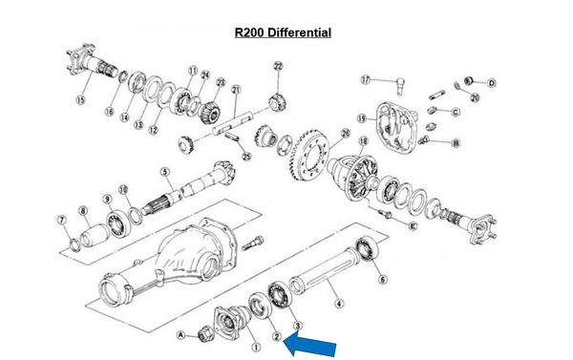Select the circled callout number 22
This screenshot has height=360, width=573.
(x=278, y=66)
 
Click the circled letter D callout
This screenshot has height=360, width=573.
(x=493, y=84)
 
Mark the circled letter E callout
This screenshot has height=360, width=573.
(x=413, y=226)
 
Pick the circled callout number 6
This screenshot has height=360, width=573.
(x=383, y=279)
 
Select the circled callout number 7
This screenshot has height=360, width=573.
(x=62, y=222)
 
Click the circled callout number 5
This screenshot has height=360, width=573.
(x=165, y=173)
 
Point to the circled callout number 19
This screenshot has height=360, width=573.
(x=361, y=118)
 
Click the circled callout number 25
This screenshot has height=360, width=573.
(x=246, y=155)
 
